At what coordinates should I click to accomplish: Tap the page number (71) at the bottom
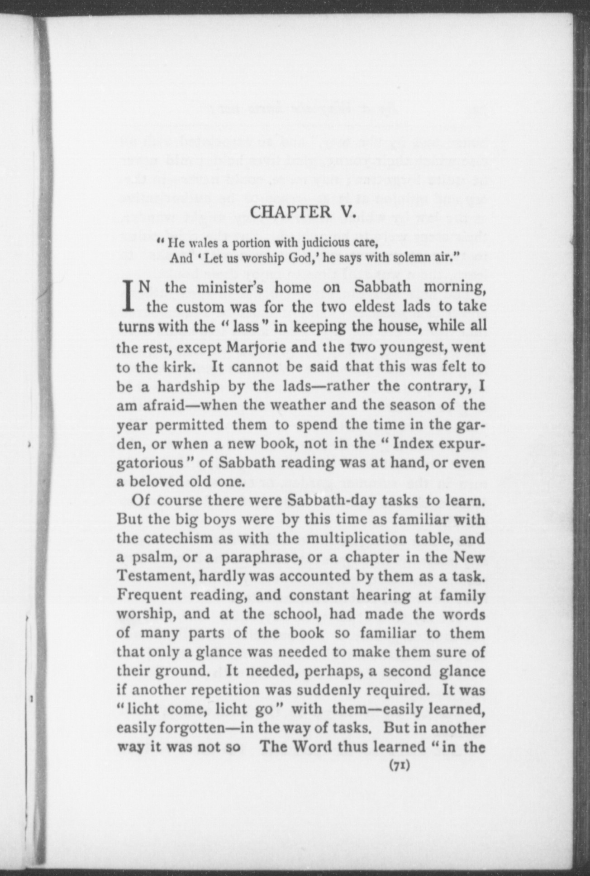[399, 766]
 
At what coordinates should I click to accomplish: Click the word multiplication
[357, 539]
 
